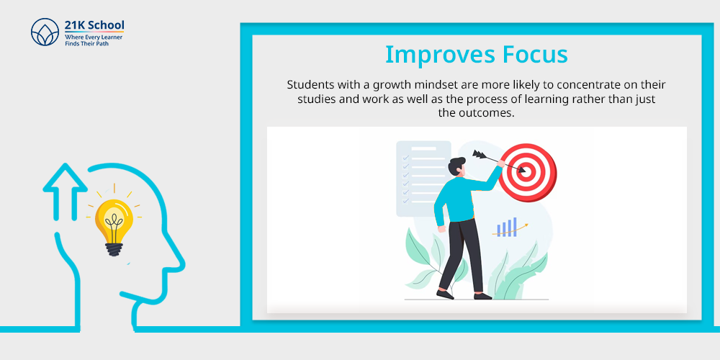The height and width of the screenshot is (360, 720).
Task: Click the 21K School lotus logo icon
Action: point(45,32)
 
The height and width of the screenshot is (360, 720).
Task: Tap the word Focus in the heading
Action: point(535,54)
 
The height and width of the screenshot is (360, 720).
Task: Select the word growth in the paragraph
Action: point(390,86)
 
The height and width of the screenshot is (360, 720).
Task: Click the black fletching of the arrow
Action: point(479,155)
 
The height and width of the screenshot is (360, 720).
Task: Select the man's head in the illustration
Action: point(457,166)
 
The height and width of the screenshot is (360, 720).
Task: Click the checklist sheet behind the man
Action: point(423,178)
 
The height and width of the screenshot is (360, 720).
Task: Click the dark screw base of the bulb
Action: point(114,249)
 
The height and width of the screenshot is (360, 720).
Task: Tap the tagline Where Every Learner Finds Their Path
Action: point(94,40)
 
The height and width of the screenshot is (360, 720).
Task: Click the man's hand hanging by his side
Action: point(441,229)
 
